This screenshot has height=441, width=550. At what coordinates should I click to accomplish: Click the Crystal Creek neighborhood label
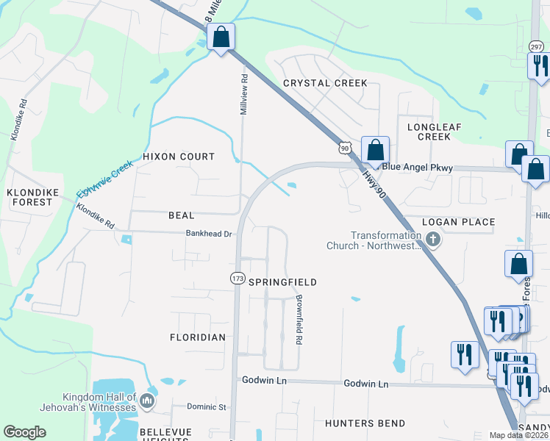click(x=324, y=83)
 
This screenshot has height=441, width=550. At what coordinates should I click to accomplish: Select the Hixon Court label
click(x=179, y=157)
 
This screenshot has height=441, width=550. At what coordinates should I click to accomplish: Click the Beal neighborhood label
click(x=181, y=215)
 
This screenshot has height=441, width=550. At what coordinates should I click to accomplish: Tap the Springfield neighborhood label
click(x=282, y=282)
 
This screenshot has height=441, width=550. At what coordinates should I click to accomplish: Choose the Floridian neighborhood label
click(x=198, y=337)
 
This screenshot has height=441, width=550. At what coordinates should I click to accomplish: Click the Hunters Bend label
click(x=365, y=423)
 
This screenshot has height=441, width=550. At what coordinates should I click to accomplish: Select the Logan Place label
click(x=458, y=222)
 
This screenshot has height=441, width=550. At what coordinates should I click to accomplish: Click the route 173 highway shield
click(x=237, y=279)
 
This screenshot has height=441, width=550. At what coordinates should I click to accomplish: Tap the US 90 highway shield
click(x=344, y=148)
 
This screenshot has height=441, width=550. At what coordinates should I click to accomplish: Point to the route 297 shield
click(x=535, y=46)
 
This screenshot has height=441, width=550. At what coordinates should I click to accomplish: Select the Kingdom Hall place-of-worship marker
click(x=147, y=401)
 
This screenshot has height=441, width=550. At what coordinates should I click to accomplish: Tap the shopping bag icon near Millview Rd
click(x=220, y=36)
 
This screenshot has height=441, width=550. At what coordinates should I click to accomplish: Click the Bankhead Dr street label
click(x=209, y=234)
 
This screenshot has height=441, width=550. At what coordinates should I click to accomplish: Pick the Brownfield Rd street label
click(x=299, y=320)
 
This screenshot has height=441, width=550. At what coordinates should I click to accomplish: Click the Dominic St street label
click(x=206, y=406)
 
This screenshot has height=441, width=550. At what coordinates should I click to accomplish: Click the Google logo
click(x=25, y=432)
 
